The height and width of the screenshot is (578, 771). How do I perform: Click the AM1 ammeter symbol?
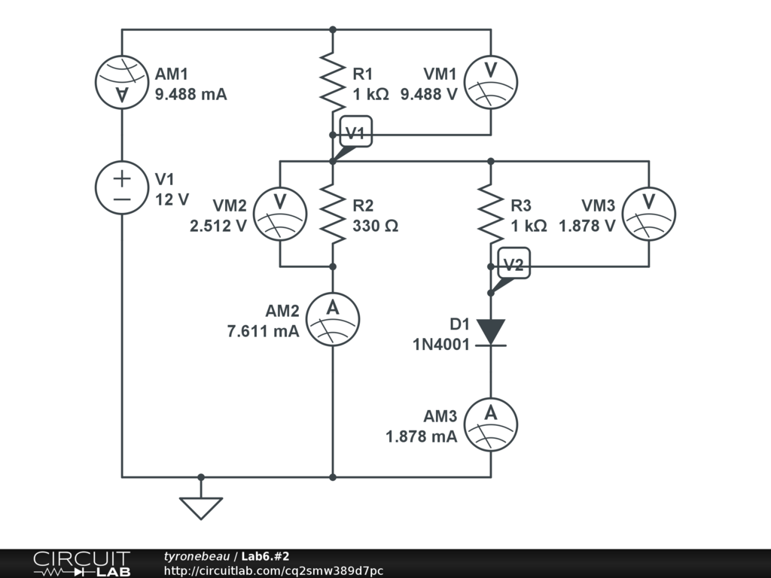click(122, 82)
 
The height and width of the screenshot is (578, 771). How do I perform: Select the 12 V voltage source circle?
click(122, 187)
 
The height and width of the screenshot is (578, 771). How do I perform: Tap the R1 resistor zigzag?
click(333, 82)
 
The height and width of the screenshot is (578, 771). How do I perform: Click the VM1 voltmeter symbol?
click(491, 82)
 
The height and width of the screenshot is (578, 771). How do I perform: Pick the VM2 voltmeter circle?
click(280, 214)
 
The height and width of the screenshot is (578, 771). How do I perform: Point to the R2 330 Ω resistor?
click(333, 214)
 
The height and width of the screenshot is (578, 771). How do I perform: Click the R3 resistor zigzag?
click(491, 214)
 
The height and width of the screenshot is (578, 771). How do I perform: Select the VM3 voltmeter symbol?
click(649, 214)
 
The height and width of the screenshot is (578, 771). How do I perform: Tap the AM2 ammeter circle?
click(333, 319)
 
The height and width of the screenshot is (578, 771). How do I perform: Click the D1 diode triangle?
click(491, 332)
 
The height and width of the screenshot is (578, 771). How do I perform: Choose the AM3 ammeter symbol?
click(491, 424)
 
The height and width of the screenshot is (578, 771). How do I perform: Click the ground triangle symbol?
click(201, 508)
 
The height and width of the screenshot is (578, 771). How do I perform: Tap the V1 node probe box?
click(356, 131)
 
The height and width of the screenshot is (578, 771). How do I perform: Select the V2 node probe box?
click(513, 263)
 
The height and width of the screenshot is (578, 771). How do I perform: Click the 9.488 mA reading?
click(190, 94)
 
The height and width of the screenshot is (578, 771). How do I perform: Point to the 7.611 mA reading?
click(263, 331)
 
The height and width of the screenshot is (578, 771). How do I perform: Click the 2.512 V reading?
click(218, 226)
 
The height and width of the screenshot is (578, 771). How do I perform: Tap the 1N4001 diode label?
click(441, 345)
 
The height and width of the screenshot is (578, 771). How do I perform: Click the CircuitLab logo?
click(81, 563)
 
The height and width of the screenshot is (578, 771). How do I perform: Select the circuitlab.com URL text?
click(273, 570)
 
